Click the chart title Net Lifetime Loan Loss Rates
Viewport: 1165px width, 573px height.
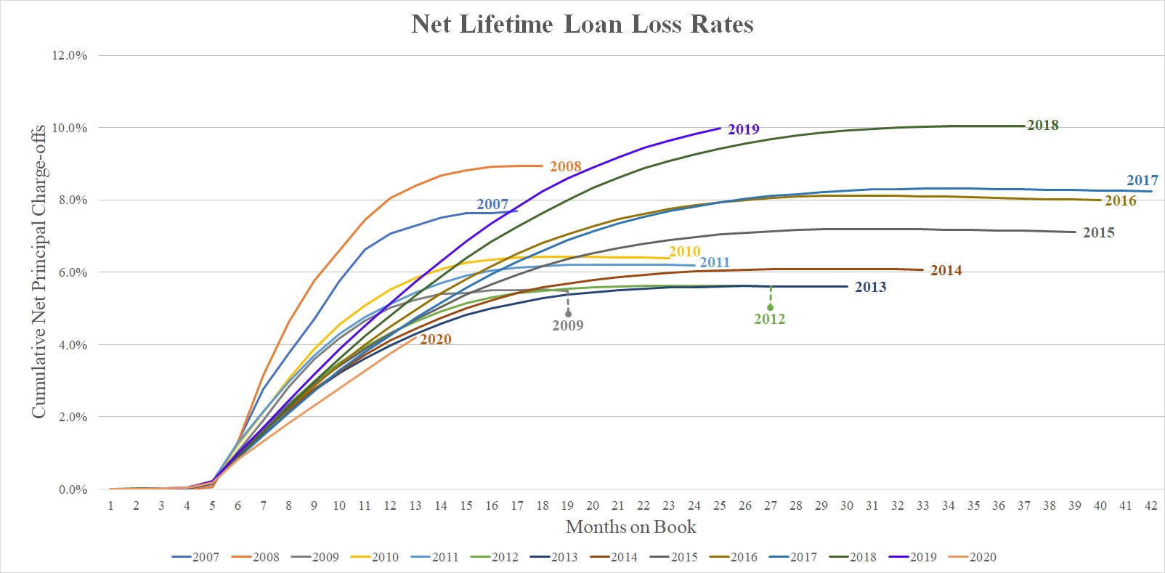(582, 24)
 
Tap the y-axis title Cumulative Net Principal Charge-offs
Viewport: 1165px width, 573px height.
(38, 271)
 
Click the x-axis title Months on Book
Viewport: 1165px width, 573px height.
(630, 527)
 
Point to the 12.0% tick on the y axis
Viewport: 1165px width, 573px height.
(70, 55)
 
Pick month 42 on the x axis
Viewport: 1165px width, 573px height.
(1150, 505)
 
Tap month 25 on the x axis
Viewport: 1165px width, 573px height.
(719, 505)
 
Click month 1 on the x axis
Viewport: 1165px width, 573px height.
(110, 505)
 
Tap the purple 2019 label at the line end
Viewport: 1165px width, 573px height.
(743, 129)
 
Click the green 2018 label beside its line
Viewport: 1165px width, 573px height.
(1042, 125)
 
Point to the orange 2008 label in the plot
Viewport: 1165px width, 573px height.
(565, 166)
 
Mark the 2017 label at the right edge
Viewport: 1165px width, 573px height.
(1142, 180)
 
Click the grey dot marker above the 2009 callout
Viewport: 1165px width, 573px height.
(568, 314)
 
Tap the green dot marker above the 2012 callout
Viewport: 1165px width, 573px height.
(771, 307)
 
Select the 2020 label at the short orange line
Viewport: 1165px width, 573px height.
(435, 339)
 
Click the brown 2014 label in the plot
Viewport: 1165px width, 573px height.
(946, 270)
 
